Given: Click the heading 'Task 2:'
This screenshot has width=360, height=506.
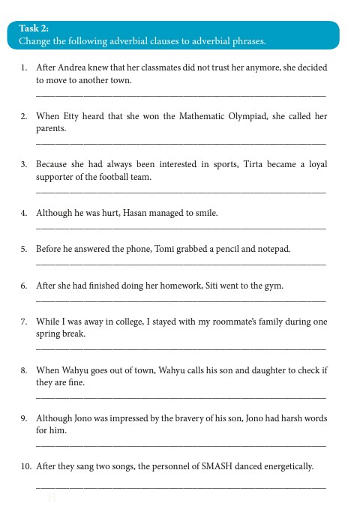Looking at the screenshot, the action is [x=34, y=28].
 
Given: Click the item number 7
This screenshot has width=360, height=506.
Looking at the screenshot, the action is [x=24, y=322].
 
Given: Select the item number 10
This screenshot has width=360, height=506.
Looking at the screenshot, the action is [x=25, y=466].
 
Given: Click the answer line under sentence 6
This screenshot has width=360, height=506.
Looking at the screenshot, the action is [x=181, y=301].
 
